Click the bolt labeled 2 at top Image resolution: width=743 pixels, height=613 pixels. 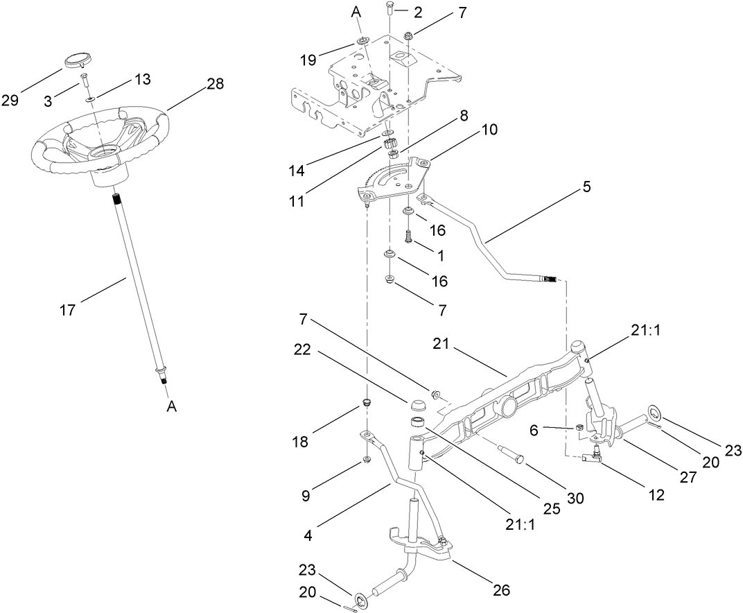pos(390,10)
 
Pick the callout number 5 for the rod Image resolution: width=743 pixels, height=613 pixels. pos(586,187)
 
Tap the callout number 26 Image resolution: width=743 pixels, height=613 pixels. pos(500,591)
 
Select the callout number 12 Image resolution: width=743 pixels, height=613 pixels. pos(655,495)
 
